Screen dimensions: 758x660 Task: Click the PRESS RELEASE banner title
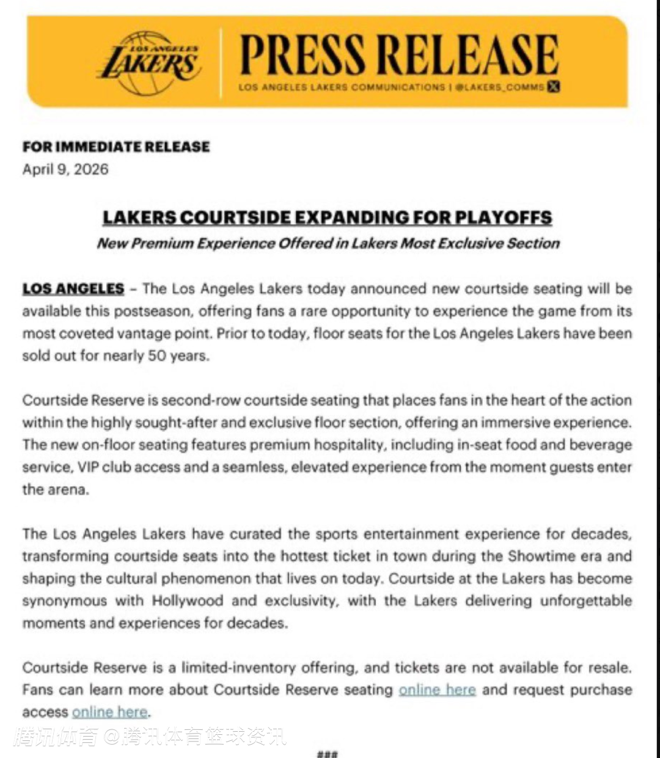pyautogui.click(x=399, y=55)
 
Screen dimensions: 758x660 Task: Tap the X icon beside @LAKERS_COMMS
pyautogui.click(x=554, y=87)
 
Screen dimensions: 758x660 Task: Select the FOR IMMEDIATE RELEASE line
pyautogui.click(x=116, y=147)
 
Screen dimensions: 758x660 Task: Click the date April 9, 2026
pyautogui.click(x=65, y=169)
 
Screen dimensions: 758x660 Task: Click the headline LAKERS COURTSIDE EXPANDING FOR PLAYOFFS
pyautogui.click(x=327, y=217)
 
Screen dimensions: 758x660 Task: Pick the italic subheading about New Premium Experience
pyautogui.click(x=328, y=243)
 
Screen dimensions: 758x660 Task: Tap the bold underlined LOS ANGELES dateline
pyautogui.click(x=73, y=288)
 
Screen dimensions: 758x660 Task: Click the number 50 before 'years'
pyautogui.click(x=156, y=355)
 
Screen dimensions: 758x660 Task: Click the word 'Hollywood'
pyautogui.click(x=188, y=600)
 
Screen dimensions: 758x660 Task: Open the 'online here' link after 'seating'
pyautogui.click(x=437, y=690)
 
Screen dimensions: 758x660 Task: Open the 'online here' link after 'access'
pyautogui.click(x=110, y=712)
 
